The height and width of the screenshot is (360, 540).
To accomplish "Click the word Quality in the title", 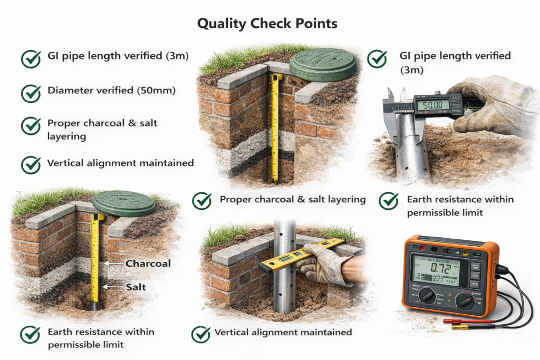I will [x=220, y=24].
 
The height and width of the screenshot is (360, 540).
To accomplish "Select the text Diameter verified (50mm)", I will [x=111, y=91].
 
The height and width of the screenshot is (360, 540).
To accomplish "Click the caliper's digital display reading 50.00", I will [x=432, y=105].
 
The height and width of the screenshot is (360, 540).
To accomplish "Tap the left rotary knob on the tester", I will [x=427, y=297].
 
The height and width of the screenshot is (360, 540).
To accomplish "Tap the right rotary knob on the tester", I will [x=465, y=301].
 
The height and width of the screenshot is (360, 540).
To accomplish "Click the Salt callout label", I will [x=136, y=287].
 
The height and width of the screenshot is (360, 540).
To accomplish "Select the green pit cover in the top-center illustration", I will [x=322, y=64].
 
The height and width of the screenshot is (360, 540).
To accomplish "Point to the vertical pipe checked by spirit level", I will [x=284, y=285].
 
